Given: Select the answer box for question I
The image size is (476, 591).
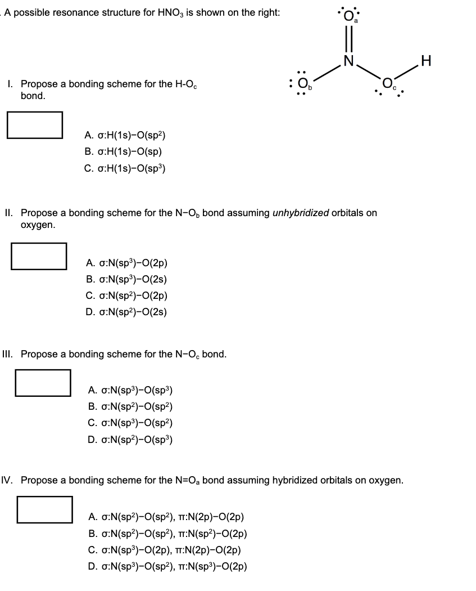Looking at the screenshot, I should [x=35, y=124].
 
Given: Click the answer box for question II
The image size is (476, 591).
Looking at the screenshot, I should [x=39, y=256].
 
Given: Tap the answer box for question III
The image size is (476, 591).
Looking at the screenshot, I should [x=43, y=382].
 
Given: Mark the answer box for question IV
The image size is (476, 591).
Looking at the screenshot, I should [x=44, y=509].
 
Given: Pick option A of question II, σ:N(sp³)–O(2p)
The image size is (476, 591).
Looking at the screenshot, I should [x=127, y=263].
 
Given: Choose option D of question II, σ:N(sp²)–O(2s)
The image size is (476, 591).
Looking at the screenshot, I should [x=127, y=312].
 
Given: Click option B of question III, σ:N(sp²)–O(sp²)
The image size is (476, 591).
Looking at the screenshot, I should [x=130, y=406].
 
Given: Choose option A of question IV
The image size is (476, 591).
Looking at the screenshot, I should [x=166, y=517].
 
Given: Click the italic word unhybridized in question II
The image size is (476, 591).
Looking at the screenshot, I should [x=301, y=213].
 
